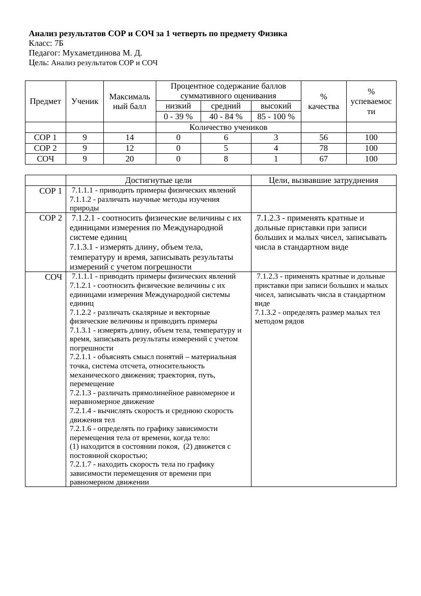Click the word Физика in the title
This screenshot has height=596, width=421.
[272, 34]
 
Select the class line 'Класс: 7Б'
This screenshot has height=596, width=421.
[46, 43]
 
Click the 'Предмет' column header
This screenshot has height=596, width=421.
[45, 101]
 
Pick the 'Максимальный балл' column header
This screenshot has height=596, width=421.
[129, 101]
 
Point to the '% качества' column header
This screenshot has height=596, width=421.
[323, 101]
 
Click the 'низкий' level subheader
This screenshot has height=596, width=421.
[178, 106]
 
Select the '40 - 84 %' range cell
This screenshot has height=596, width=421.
[226, 117]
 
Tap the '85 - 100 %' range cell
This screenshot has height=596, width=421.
[276, 117]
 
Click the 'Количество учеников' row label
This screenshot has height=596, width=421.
[228, 127]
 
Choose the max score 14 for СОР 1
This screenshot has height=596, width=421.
[129, 138]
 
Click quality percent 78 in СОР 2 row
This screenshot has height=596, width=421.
[323, 148]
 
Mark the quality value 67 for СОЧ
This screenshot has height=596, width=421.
[323, 159]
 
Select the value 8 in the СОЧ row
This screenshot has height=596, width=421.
[226, 159]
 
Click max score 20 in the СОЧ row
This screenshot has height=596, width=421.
[129, 159]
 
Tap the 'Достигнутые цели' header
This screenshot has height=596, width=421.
[158, 180]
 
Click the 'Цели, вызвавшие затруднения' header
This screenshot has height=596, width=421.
[323, 180]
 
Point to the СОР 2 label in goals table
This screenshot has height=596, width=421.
[50, 218]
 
